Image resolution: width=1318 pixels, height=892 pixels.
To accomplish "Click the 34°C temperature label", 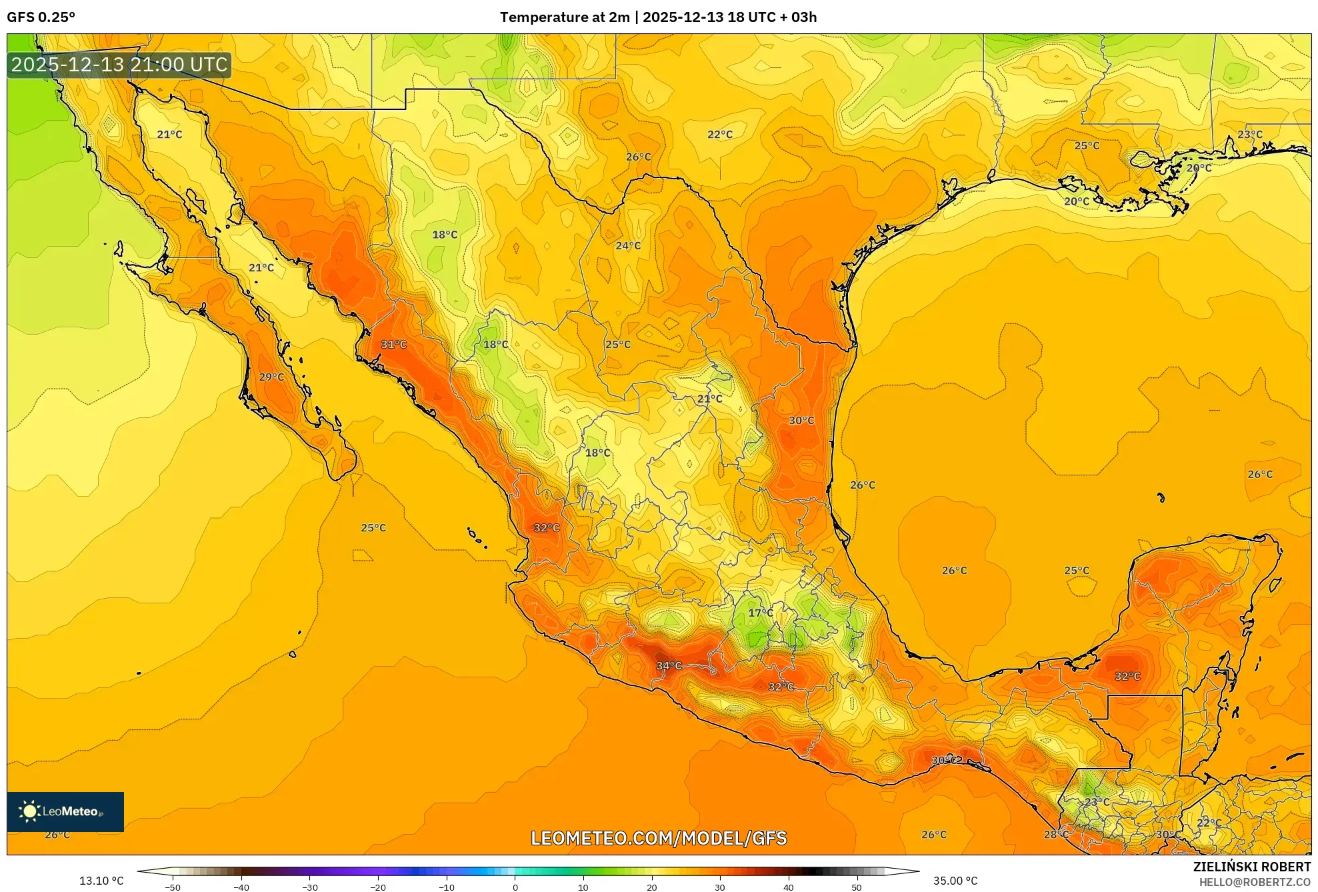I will (x=669, y=665).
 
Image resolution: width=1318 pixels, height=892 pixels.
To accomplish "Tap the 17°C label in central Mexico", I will (x=761, y=613).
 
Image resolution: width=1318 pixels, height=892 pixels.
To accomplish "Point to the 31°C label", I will (x=393, y=344).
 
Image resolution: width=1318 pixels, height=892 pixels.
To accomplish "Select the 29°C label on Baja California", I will (x=271, y=377).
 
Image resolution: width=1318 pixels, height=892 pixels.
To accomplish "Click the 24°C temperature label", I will (x=628, y=245).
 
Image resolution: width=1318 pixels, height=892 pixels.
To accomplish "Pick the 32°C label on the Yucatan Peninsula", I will (x=1127, y=676).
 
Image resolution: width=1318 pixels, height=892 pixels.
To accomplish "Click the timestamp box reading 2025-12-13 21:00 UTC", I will (x=119, y=65).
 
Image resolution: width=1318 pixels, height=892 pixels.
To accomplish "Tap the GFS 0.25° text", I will (x=41, y=17).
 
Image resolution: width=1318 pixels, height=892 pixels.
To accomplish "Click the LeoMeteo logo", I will (x=65, y=811).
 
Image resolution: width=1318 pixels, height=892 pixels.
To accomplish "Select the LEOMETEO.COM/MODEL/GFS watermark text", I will (x=659, y=838).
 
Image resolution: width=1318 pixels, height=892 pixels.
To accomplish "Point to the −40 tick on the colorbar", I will (x=241, y=887).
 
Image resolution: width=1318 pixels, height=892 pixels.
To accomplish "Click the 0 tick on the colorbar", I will (x=515, y=887).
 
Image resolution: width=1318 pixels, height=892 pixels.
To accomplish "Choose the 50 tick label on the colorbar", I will (x=857, y=887).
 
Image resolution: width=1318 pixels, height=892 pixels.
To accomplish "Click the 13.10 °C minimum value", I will (x=101, y=881).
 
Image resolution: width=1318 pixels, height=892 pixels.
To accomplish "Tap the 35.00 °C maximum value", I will (x=955, y=881).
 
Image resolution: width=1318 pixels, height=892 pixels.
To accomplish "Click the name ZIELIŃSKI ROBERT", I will (x=1251, y=867).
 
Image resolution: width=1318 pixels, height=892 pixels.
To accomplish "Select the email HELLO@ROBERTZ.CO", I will (x=1255, y=882).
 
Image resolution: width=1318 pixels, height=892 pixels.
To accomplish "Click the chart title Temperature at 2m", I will (x=565, y=17).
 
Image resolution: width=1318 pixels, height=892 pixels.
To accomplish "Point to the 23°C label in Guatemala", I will (x=1097, y=801).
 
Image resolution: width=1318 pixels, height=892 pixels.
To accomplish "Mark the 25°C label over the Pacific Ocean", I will (x=373, y=527).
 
